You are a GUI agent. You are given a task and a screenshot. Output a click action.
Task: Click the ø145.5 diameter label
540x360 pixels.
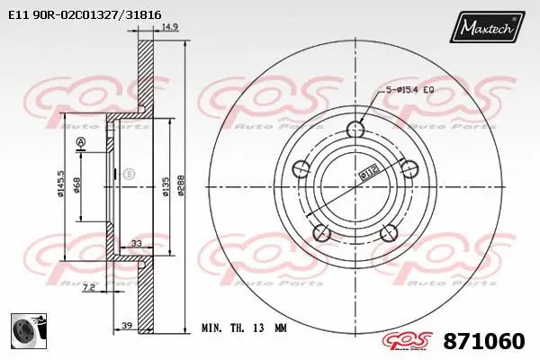click(x=60, y=184)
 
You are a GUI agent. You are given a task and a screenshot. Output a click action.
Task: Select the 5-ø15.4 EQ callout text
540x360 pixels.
click(x=410, y=89)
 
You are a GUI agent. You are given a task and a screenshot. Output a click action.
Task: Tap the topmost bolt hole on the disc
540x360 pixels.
click(x=355, y=130)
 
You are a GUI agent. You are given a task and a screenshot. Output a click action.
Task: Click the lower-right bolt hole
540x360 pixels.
click(x=388, y=233)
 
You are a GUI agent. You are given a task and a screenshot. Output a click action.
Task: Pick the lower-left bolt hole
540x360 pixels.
click(x=321, y=233)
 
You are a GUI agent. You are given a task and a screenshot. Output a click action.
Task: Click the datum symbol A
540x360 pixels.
click(x=81, y=143)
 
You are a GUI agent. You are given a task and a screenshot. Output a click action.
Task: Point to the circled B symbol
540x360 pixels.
click(x=129, y=173)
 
